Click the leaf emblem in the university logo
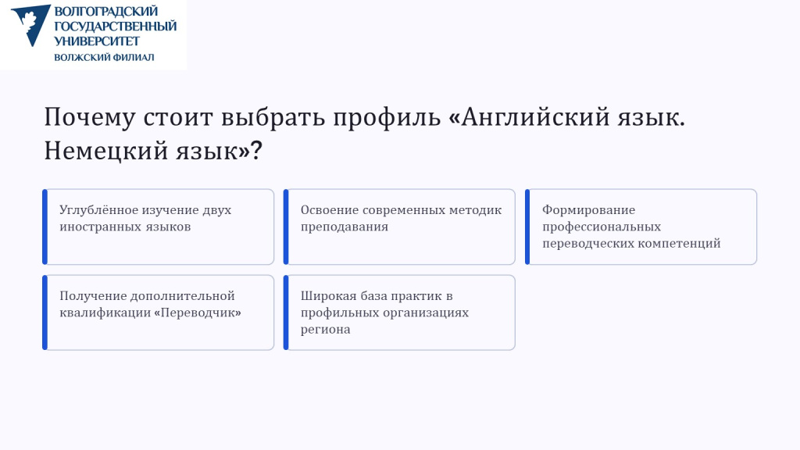30,24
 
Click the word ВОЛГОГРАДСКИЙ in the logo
106,11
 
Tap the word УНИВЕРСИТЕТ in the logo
97,41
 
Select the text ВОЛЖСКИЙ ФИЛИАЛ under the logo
104,57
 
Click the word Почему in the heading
90,117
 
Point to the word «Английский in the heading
529,117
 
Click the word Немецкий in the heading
105,151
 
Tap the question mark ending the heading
256,151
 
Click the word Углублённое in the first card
98,210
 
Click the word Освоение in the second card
329,210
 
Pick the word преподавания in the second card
345,227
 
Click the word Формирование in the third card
589,210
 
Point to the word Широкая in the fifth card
329,296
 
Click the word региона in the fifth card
326,330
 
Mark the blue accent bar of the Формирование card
527,227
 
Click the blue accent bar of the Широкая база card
286,312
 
